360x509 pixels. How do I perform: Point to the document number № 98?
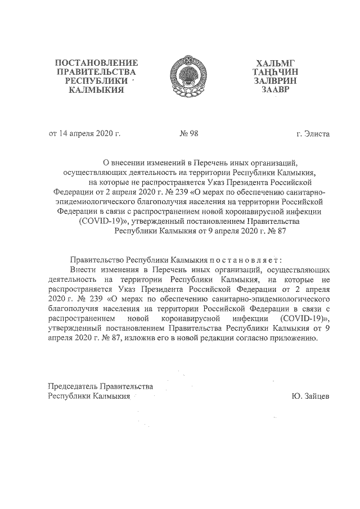pyautogui.click(x=189, y=134)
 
